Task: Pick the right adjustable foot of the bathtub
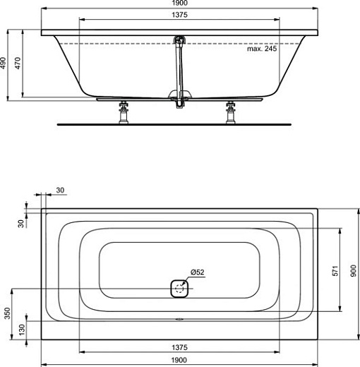coord(230,112)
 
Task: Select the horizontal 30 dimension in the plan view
coord(59,190)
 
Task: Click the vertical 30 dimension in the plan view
coord(21,223)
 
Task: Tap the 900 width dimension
coord(353,269)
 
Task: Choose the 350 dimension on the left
coord(7,314)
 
